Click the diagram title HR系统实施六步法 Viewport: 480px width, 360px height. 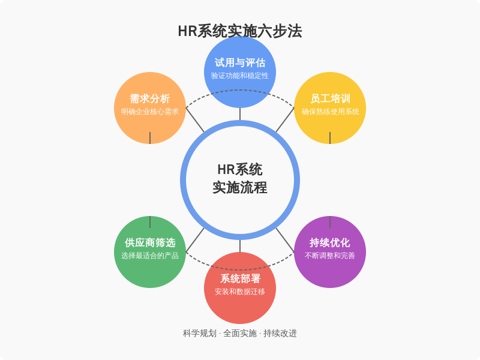(x=240, y=31)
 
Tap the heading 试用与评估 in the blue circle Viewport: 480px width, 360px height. (x=240, y=63)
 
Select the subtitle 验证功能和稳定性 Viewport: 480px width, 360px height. (x=240, y=76)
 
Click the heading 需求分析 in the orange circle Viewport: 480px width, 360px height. (x=150, y=98)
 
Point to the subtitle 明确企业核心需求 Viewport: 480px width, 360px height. (x=150, y=112)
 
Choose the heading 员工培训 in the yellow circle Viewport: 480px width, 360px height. (x=330, y=98)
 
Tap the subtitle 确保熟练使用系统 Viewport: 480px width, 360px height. (x=330, y=112)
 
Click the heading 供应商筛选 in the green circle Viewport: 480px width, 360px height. (x=150, y=243)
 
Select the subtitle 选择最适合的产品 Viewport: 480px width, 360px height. (x=150, y=256)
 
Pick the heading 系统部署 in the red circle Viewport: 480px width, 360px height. (x=240, y=278)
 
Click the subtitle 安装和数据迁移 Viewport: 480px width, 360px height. (x=240, y=292)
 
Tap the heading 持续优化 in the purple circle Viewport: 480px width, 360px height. (x=330, y=243)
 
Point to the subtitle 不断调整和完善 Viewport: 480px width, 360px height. (x=330, y=256)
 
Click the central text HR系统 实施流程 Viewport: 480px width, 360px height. (x=240, y=179)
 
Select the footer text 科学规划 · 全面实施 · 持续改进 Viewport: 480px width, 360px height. (x=240, y=334)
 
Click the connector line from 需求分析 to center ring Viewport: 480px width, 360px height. (x=195, y=119)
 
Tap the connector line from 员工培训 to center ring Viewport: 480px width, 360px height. (x=285, y=119)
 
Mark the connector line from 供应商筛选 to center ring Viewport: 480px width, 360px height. (x=195, y=241)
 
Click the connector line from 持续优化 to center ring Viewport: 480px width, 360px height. (x=285, y=241)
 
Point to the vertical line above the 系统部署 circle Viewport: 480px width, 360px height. (x=240, y=246)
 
